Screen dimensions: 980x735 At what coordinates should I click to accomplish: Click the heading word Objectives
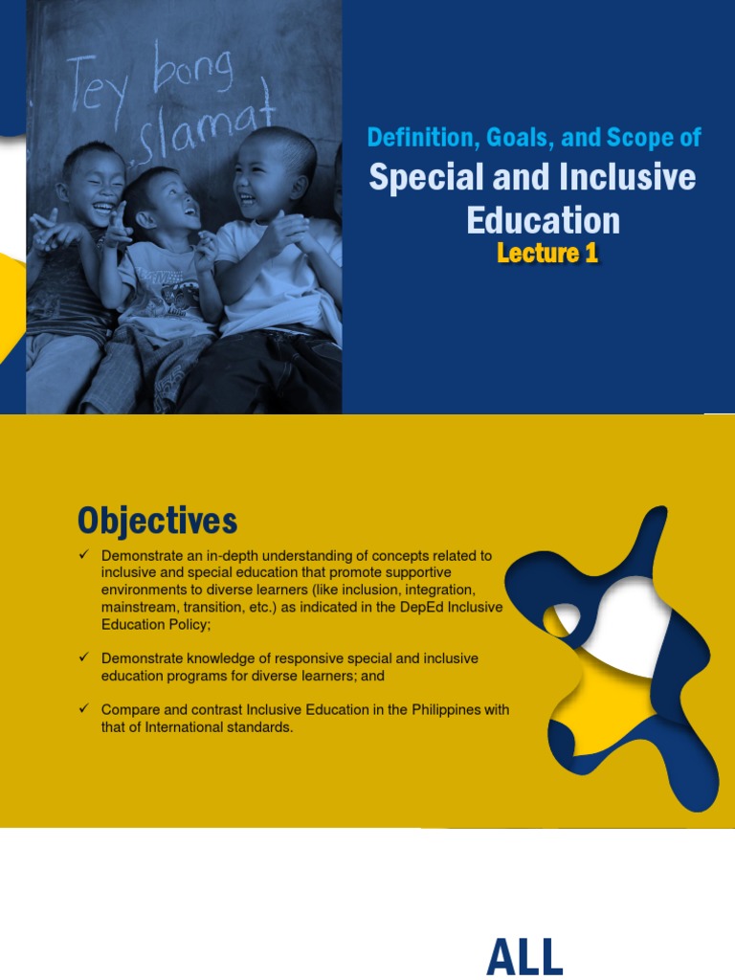(157, 522)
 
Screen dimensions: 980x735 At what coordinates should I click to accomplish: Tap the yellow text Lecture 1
(546, 253)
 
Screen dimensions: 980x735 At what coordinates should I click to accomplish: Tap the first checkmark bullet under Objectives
(84, 555)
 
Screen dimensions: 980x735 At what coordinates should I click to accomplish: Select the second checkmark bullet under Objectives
(84, 658)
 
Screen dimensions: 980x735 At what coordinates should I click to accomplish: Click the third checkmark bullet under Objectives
(84, 709)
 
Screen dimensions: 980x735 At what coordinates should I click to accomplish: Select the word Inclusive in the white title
(633, 177)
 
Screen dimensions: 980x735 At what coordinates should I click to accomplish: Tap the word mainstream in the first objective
(134, 607)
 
